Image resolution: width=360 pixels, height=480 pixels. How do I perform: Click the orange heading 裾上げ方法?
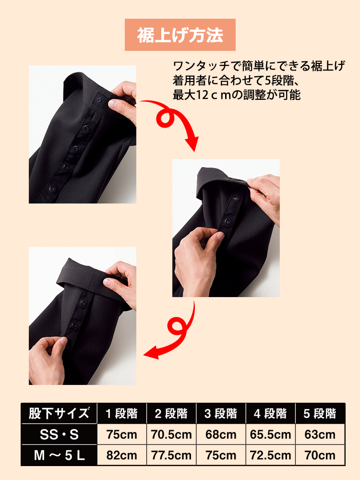coord(180,35)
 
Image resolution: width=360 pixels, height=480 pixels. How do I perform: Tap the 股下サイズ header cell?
coord(59,413)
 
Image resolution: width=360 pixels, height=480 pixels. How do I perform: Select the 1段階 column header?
coord(121,413)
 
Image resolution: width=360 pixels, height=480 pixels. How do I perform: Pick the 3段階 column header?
coord(221,413)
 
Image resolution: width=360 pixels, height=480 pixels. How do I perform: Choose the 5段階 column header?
coord(320,413)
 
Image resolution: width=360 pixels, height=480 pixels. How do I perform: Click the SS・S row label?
coord(59,434)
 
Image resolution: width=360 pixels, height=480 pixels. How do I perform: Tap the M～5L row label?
coord(59,455)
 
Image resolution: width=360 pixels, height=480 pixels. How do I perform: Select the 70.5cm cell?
coord(171,434)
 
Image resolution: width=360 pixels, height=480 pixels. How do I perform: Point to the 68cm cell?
coord(221,434)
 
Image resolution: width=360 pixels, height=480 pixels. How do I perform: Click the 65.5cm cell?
coord(270,434)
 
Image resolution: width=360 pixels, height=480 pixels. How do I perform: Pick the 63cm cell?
coord(320,434)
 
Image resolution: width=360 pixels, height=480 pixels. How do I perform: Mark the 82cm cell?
coord(121,455)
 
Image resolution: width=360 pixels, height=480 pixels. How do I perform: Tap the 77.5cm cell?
coord(171,455)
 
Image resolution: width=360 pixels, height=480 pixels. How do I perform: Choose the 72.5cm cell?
coord(270,455)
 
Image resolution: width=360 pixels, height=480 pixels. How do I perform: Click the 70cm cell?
coord(320,455)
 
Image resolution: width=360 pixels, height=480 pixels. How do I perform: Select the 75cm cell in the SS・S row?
coord(121,434)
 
